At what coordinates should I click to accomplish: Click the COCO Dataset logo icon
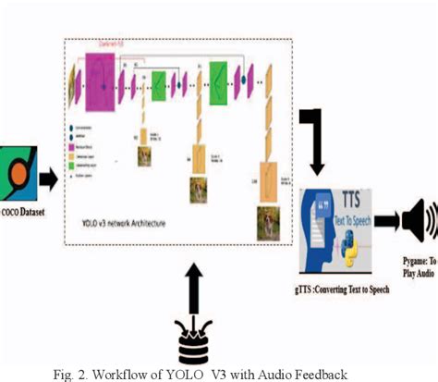(17, 173)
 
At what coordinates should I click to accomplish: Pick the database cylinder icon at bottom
(193, 345)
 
